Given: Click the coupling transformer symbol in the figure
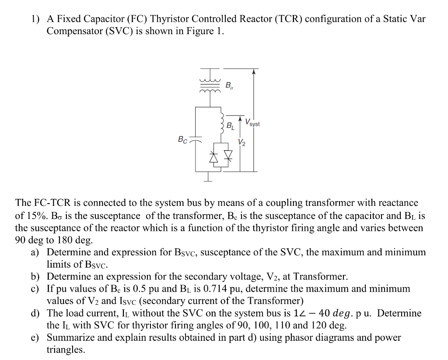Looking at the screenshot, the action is (210, 83).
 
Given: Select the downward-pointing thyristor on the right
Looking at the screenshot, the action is (228, 157).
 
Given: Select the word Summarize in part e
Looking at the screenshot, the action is (69, 338).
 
